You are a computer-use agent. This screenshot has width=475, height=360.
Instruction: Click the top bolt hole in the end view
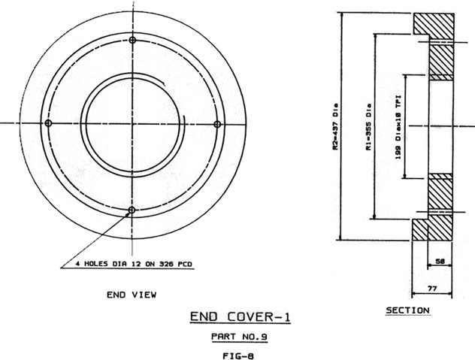[132, 40]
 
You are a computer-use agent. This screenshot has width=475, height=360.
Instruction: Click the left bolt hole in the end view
[48, 123]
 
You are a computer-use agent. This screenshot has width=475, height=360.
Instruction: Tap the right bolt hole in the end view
[217, 124]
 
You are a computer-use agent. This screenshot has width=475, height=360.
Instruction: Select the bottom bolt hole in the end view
[132, 210]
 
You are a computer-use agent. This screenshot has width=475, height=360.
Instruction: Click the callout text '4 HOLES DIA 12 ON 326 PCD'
[134, 264]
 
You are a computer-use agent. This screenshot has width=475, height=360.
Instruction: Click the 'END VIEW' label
[132, 295]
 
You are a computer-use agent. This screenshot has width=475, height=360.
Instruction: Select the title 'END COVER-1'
[241, 317]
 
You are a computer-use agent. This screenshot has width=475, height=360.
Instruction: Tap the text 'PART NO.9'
[239, 337]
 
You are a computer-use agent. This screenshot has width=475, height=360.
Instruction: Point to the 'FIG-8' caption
[238, 355]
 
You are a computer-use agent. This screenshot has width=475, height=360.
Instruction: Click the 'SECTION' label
[408, 310]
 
